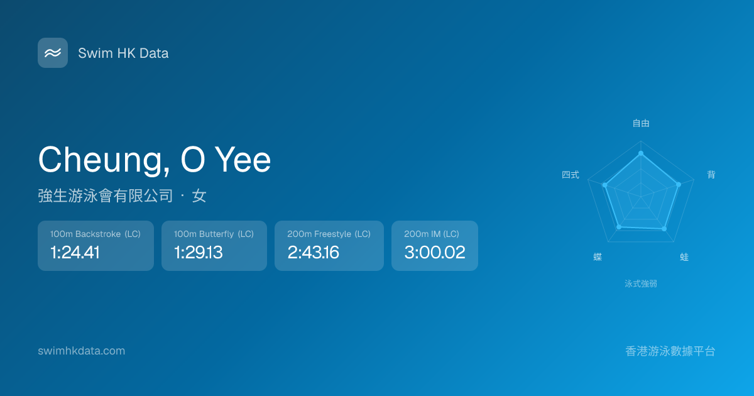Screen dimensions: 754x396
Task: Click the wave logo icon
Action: (53, 53)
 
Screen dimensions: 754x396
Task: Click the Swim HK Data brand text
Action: (123, 53)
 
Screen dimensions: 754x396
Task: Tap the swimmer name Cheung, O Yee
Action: (155, 160)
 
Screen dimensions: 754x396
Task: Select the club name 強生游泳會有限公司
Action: (106, 195)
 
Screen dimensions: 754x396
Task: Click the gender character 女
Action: (199, 195)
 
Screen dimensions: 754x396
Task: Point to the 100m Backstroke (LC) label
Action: (96, 234)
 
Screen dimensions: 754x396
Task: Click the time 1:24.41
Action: (75, 252)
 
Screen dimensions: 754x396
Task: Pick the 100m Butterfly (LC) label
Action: (214, 234)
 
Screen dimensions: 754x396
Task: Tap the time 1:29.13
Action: (199, 252)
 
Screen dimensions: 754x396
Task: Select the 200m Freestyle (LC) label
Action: (329, 234)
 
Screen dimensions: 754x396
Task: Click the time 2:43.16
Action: (313, 252)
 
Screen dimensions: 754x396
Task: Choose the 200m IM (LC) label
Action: (432, 234)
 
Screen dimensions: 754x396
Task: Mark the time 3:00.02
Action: (435, 252)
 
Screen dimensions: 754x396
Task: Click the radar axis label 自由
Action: (641, 123)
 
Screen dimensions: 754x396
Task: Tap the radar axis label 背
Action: (711, 175)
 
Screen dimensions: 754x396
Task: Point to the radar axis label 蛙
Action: (684, 257)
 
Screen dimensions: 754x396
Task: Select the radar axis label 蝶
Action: (598, 257)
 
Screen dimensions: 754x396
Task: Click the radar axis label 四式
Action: (571, 175)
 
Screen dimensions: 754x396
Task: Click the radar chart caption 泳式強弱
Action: (641, 284)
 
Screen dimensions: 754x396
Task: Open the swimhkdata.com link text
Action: (82, 351)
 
